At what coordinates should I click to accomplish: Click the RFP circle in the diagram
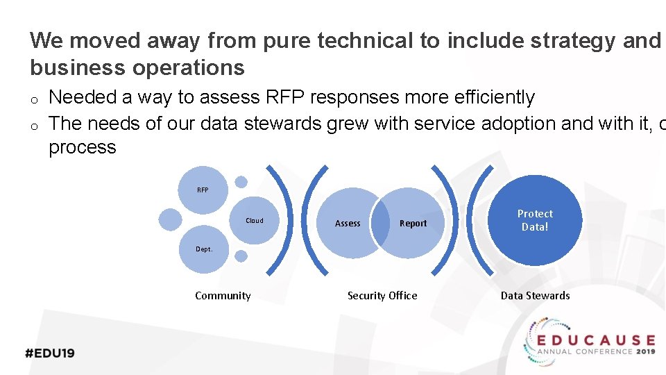203,190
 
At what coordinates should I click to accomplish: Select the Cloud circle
255,221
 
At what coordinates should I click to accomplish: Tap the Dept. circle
204,249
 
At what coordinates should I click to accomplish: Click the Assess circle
348,223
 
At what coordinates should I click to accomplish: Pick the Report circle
413,223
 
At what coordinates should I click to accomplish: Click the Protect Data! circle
535,220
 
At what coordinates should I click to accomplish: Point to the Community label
223,296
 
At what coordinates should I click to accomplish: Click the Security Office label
382,296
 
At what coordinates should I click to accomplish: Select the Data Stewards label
535,296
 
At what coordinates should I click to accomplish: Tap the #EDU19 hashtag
50,353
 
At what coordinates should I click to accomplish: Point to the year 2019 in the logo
645,351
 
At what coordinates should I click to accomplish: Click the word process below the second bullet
83,147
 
